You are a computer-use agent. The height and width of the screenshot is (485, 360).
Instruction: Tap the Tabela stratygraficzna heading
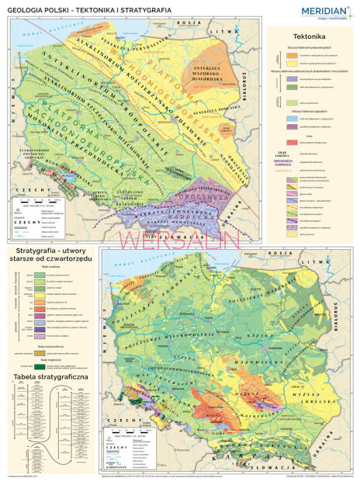click(x=49, y=376)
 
